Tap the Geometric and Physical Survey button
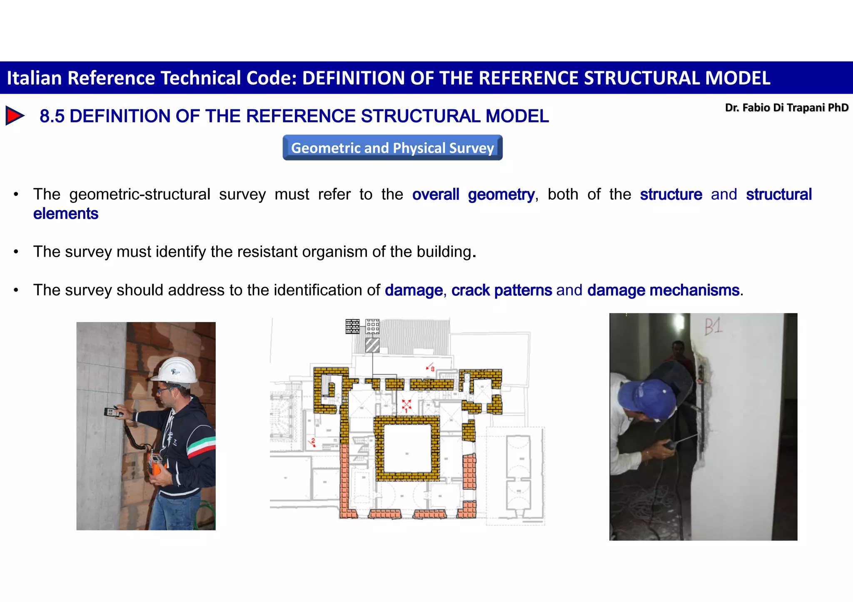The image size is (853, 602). tap(392, 148)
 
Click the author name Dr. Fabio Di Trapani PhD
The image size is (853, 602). tap(786, 108)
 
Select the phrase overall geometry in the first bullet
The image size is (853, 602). tap(473, 195)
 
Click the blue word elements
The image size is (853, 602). tap(66, 214)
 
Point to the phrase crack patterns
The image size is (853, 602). tap(501, 290)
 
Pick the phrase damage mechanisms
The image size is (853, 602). tap(663, 290)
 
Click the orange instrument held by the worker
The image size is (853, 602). tap(155, 463)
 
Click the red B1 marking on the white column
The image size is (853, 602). tap(713, 327)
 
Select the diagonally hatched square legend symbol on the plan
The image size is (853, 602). tap(372, 345)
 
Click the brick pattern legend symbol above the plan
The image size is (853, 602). tap(352, 327)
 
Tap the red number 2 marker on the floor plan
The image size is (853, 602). tap(313, 442)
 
